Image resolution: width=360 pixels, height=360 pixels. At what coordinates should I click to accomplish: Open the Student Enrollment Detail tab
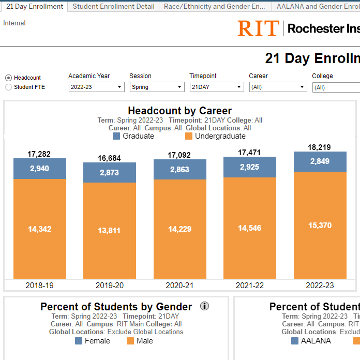point(113,7)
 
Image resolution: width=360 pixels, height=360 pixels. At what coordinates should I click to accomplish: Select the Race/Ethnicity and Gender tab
point(215,7)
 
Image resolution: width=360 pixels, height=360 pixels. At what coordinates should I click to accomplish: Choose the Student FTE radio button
point(8,87)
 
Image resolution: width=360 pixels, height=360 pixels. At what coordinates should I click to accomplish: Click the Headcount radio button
point(8,78)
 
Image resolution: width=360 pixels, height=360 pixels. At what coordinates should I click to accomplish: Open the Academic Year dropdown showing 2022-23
point(96,87)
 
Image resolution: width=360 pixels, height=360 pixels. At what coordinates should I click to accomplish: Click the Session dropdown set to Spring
point(157,87)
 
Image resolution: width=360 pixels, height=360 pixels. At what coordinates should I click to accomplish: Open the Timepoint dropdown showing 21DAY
point(216,87)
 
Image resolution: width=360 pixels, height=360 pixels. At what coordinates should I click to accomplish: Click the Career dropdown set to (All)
point(278,87)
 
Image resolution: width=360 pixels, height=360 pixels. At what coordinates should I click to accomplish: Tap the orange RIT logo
point(258,28)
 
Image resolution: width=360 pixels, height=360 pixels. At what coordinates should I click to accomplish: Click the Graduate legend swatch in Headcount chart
point(116,136)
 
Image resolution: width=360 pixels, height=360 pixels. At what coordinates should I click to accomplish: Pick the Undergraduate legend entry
point(215,136)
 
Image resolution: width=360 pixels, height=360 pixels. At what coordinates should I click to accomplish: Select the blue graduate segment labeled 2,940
point(40,169)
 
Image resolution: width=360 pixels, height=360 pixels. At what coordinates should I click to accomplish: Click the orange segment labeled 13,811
point(110,230)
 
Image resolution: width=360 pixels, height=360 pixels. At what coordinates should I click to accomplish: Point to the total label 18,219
point(320,147)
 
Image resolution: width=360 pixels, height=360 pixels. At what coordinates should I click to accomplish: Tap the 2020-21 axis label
point(179,285)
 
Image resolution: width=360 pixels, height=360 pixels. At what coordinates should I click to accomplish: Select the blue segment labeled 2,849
point(320,161)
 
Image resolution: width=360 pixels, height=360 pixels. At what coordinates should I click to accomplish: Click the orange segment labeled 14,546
point(249,228)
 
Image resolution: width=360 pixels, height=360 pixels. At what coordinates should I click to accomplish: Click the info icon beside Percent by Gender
point(204,306)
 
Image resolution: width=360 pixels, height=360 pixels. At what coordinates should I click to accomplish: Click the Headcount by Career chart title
point(179,111)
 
